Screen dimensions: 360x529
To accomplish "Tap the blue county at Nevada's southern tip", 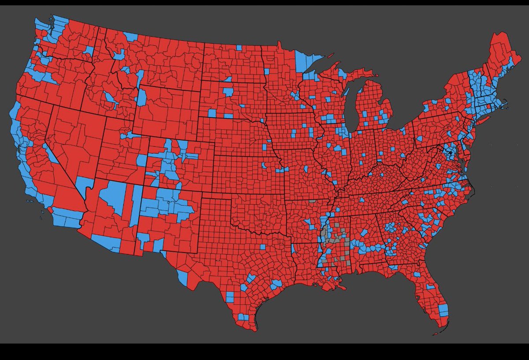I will (x=84, y=184).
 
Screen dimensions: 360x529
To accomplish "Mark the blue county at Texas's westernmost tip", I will (x=182, y=277).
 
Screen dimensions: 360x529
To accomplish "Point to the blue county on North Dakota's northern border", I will (x=238, y=47).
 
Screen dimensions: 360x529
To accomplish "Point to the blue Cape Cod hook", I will (x=505, y=106).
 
